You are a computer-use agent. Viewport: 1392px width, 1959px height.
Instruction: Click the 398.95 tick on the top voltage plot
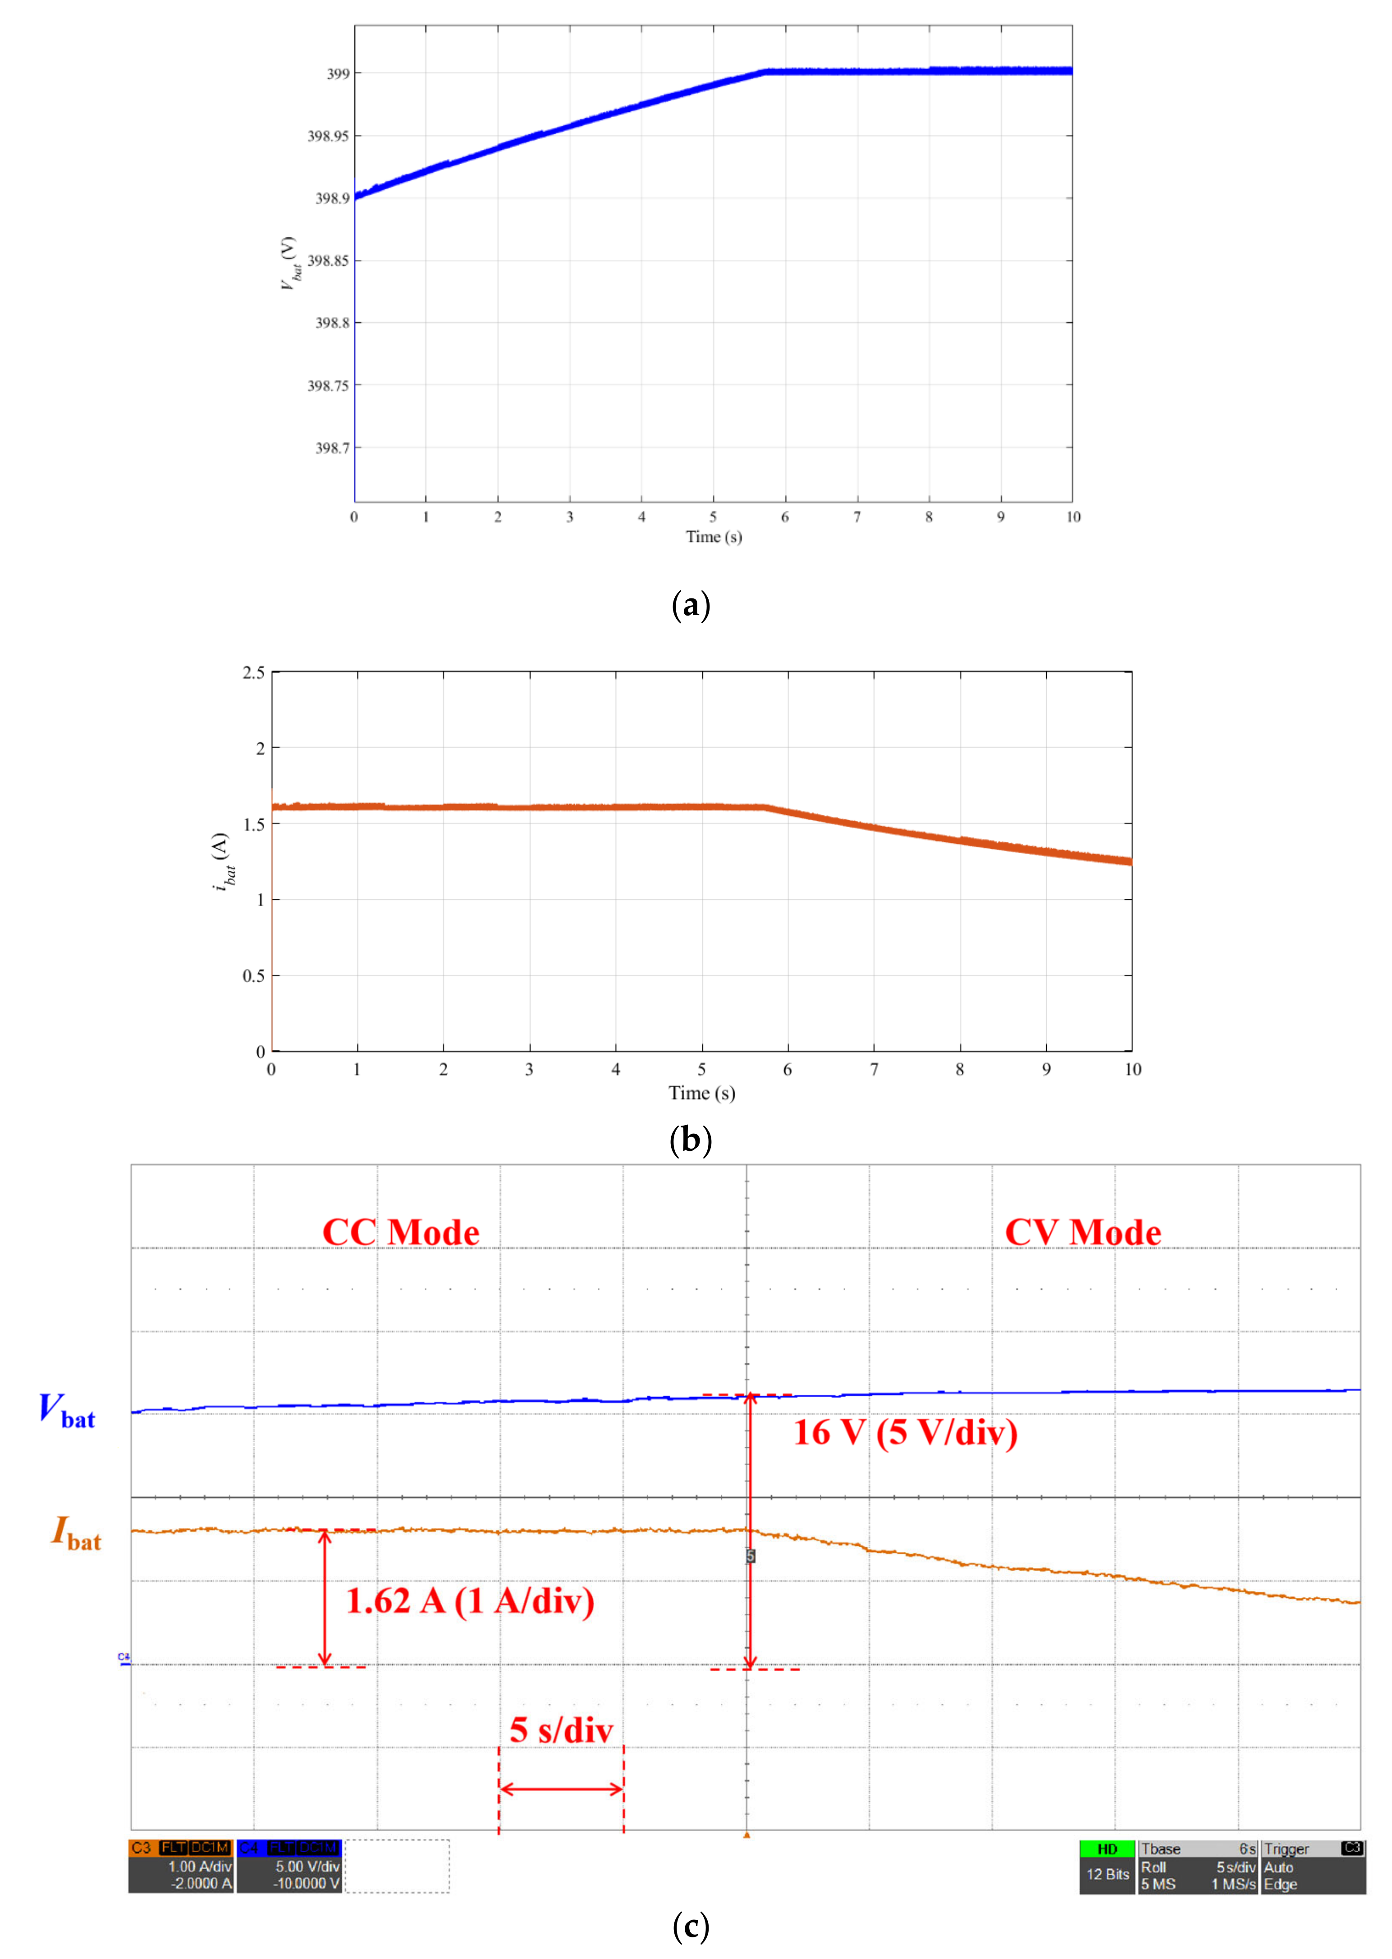tap(328, 135)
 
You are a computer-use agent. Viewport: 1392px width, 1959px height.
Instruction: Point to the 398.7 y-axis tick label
tap(333, 447)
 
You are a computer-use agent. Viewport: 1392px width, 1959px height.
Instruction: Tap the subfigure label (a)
tap(691, 605)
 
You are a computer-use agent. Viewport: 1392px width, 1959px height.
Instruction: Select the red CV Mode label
tap(1083, 1232)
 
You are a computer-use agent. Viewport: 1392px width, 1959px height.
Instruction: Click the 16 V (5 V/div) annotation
tap(905, 1432)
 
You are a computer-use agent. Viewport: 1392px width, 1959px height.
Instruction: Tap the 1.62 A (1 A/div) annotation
tap(470, 1600)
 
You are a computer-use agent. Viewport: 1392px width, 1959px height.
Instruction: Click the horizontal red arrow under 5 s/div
tap(561, 1789)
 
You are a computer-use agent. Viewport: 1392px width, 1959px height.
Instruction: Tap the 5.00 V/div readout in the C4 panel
tap(307, 1867)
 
